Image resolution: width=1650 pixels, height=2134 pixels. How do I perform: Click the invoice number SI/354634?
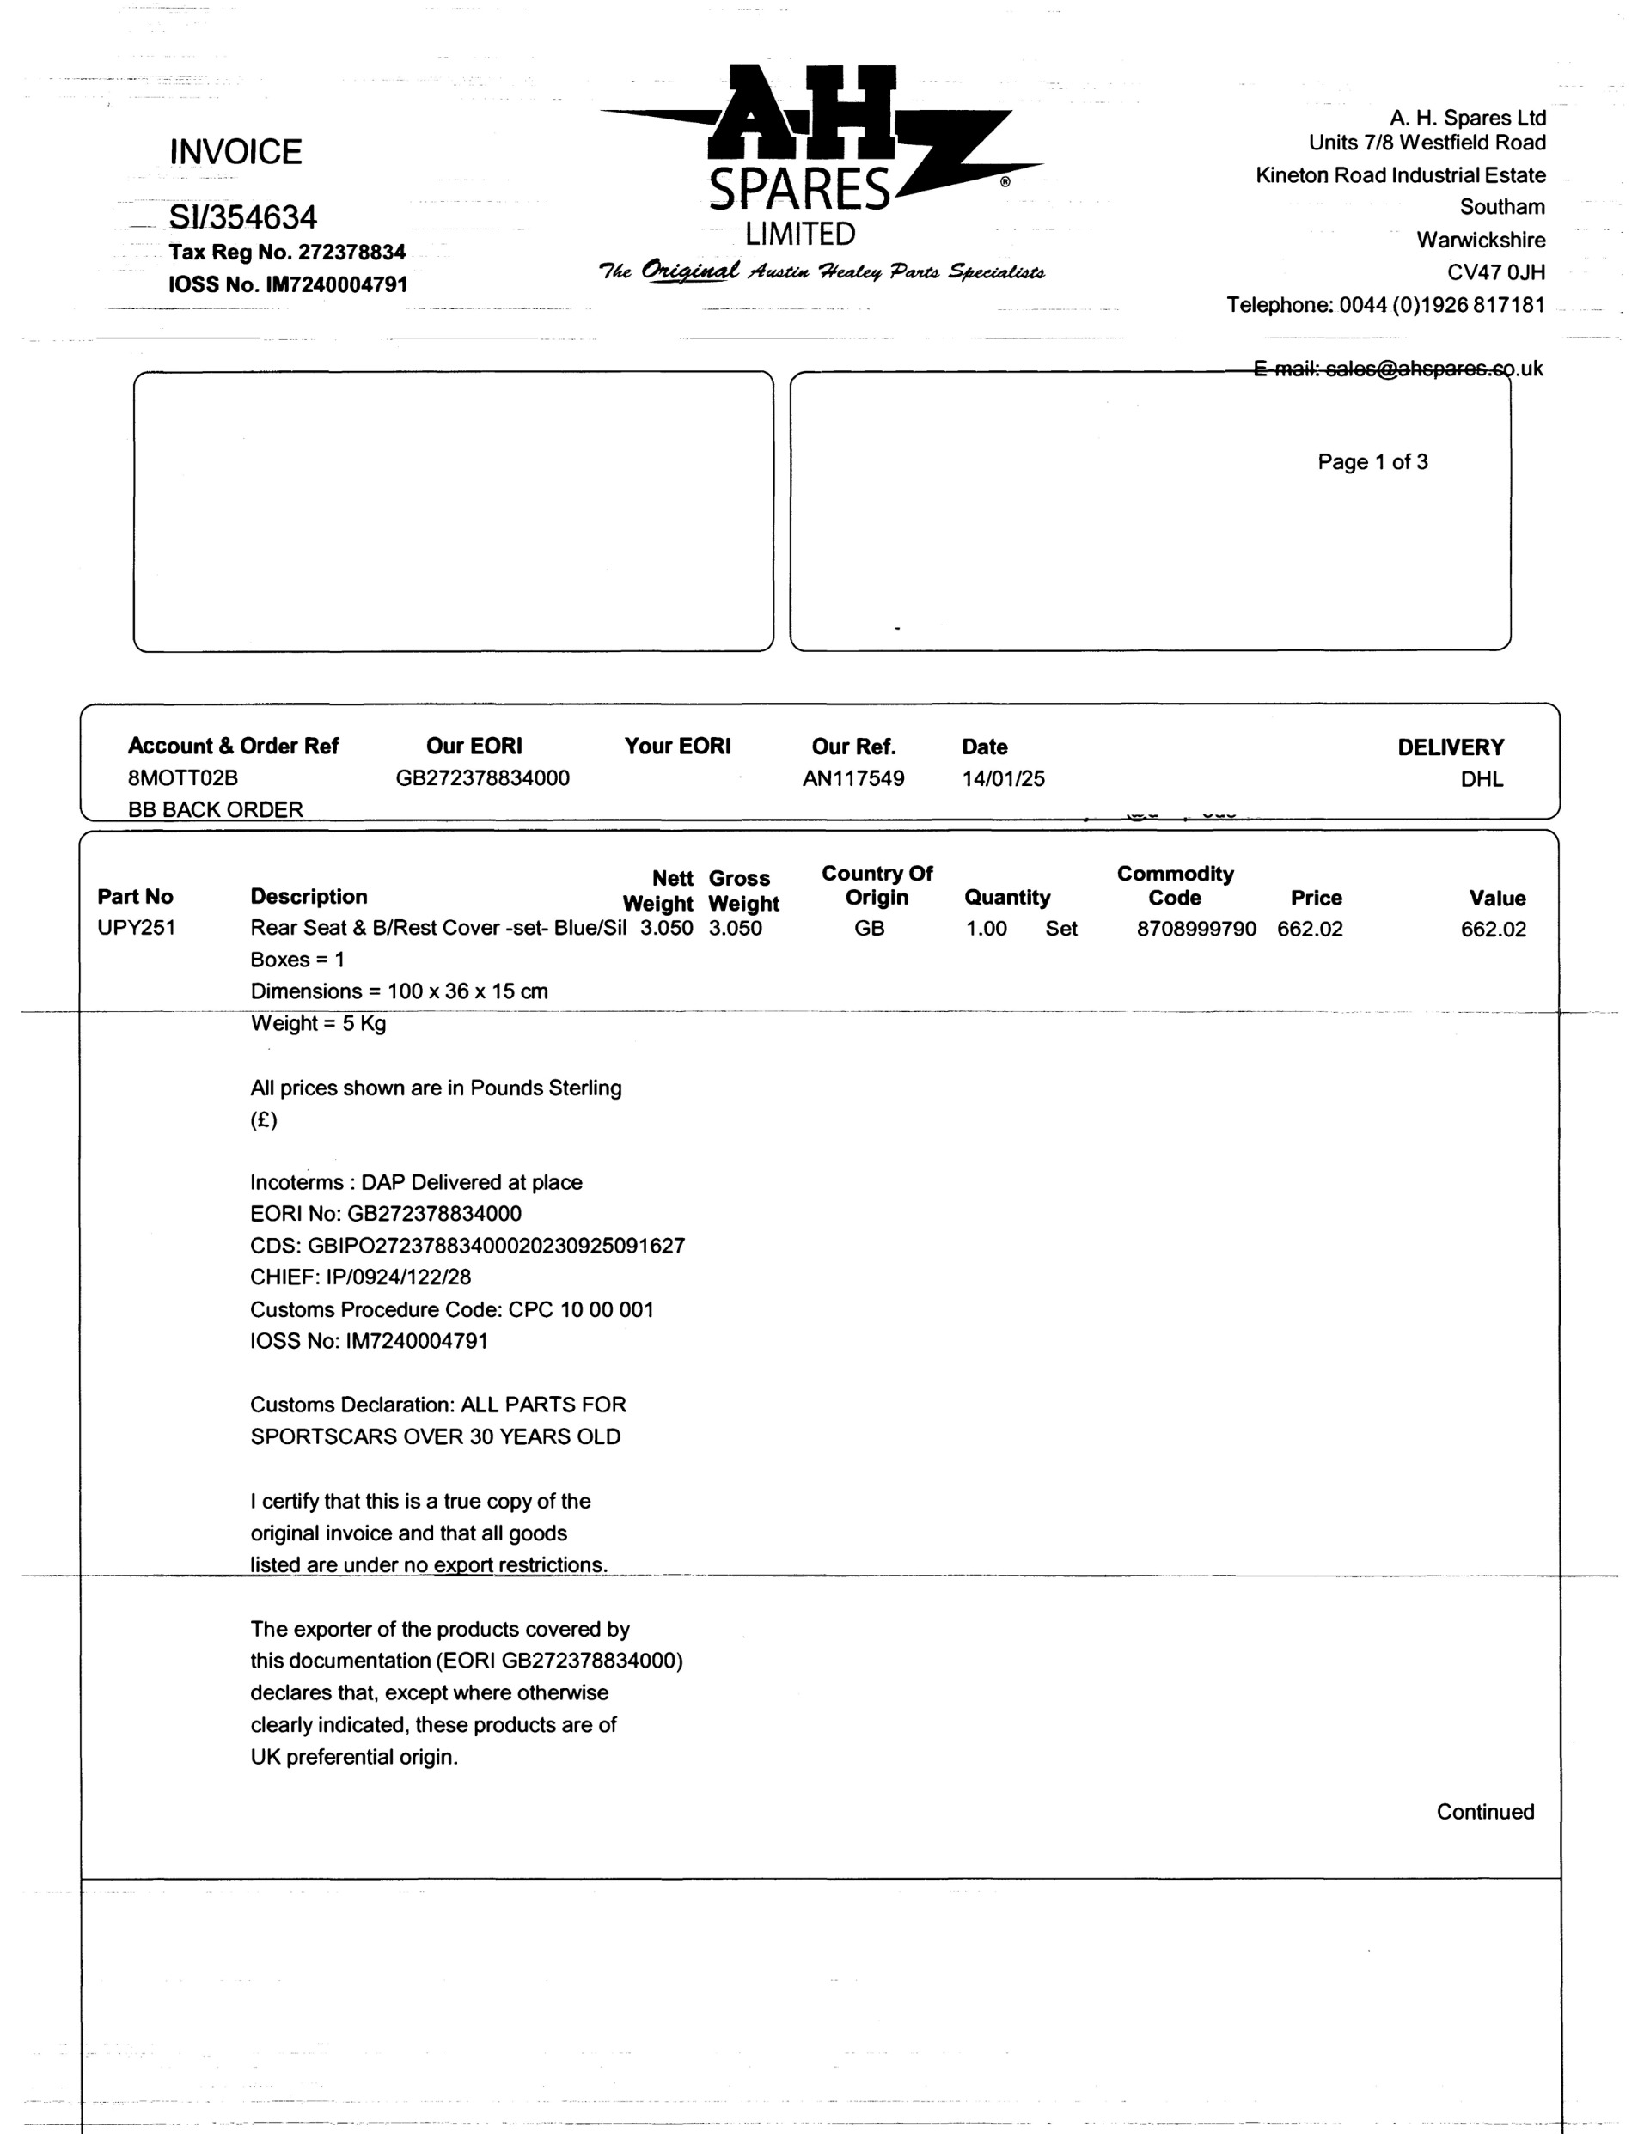point(242,216)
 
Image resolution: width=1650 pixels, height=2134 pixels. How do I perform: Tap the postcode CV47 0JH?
point(1495,272)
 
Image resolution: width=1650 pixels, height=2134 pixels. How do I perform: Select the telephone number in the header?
point(1441,305)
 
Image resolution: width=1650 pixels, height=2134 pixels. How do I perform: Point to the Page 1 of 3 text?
point(1372,462)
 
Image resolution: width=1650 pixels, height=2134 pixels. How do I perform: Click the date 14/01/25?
point(1003,778)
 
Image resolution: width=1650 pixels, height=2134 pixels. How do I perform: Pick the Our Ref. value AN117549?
point(853,778)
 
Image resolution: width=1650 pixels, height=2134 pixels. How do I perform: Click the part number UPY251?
point(136,927)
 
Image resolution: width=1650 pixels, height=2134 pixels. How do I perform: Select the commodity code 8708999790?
point(1195,928)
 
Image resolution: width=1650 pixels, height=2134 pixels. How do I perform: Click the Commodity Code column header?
point(1175,885)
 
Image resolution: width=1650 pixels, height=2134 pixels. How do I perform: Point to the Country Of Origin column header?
point(877,885)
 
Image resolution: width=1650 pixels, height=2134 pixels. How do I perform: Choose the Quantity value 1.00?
point(987,928)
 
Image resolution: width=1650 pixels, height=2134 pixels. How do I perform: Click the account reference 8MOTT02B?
point(183,778)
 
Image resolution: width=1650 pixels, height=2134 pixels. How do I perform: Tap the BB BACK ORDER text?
point(215,810)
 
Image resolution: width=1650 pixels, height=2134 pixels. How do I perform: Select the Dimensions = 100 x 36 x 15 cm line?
point(399,991)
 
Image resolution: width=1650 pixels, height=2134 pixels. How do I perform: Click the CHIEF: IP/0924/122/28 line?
point(360,1277)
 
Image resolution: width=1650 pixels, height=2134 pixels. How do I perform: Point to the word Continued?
point(1484,1813)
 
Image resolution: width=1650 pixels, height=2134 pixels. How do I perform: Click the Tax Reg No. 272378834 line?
point(287,252)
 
